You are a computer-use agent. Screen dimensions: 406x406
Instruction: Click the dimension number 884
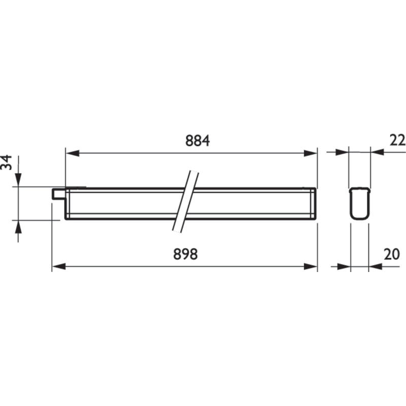pos(197,141)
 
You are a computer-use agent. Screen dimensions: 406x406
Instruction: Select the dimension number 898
pos(185,254)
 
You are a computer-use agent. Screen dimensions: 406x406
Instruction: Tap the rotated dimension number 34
pos(6,162)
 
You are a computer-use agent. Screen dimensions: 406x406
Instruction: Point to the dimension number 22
pos(397,141)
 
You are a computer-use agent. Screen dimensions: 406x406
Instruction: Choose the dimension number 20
pos(392,254)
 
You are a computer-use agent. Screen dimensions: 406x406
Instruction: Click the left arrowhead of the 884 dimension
pos(73,153)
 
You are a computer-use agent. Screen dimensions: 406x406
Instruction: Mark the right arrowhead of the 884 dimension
pos(310,153)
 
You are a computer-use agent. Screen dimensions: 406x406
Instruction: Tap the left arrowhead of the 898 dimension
pos(59,266)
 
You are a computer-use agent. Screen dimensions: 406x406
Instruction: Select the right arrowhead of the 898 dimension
pos(310,266)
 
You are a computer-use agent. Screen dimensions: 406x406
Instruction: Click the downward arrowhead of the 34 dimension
pos(18,180)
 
